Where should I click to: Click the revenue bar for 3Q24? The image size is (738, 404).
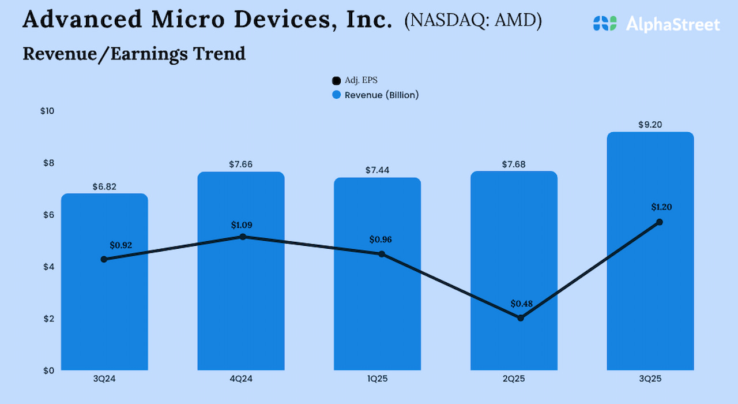(x=104, y=312)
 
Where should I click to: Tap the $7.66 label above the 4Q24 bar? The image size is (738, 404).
(x=240, y=164)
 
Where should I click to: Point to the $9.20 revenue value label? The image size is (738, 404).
(x=650, y=125)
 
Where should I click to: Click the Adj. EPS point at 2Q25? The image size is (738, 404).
(x=521, y=317)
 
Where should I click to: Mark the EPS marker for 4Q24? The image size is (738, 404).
(x=243, y=237)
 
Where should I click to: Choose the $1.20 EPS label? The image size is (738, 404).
(x=661, y=207)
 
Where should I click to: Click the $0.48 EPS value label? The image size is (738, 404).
(x=522, y=304)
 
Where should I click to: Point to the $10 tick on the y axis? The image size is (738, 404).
(x=47, y=111)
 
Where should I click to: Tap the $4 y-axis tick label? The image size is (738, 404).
(x=48, y=267)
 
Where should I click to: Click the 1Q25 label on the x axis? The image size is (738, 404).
(x=377, y=379)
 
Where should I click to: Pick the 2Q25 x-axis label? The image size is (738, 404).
(x=514, y=379)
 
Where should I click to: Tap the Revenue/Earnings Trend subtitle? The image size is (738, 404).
(x=134, y=54)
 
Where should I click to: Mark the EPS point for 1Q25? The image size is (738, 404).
(x=382, y=254)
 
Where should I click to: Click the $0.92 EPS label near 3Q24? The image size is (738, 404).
(x=121, y=245)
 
